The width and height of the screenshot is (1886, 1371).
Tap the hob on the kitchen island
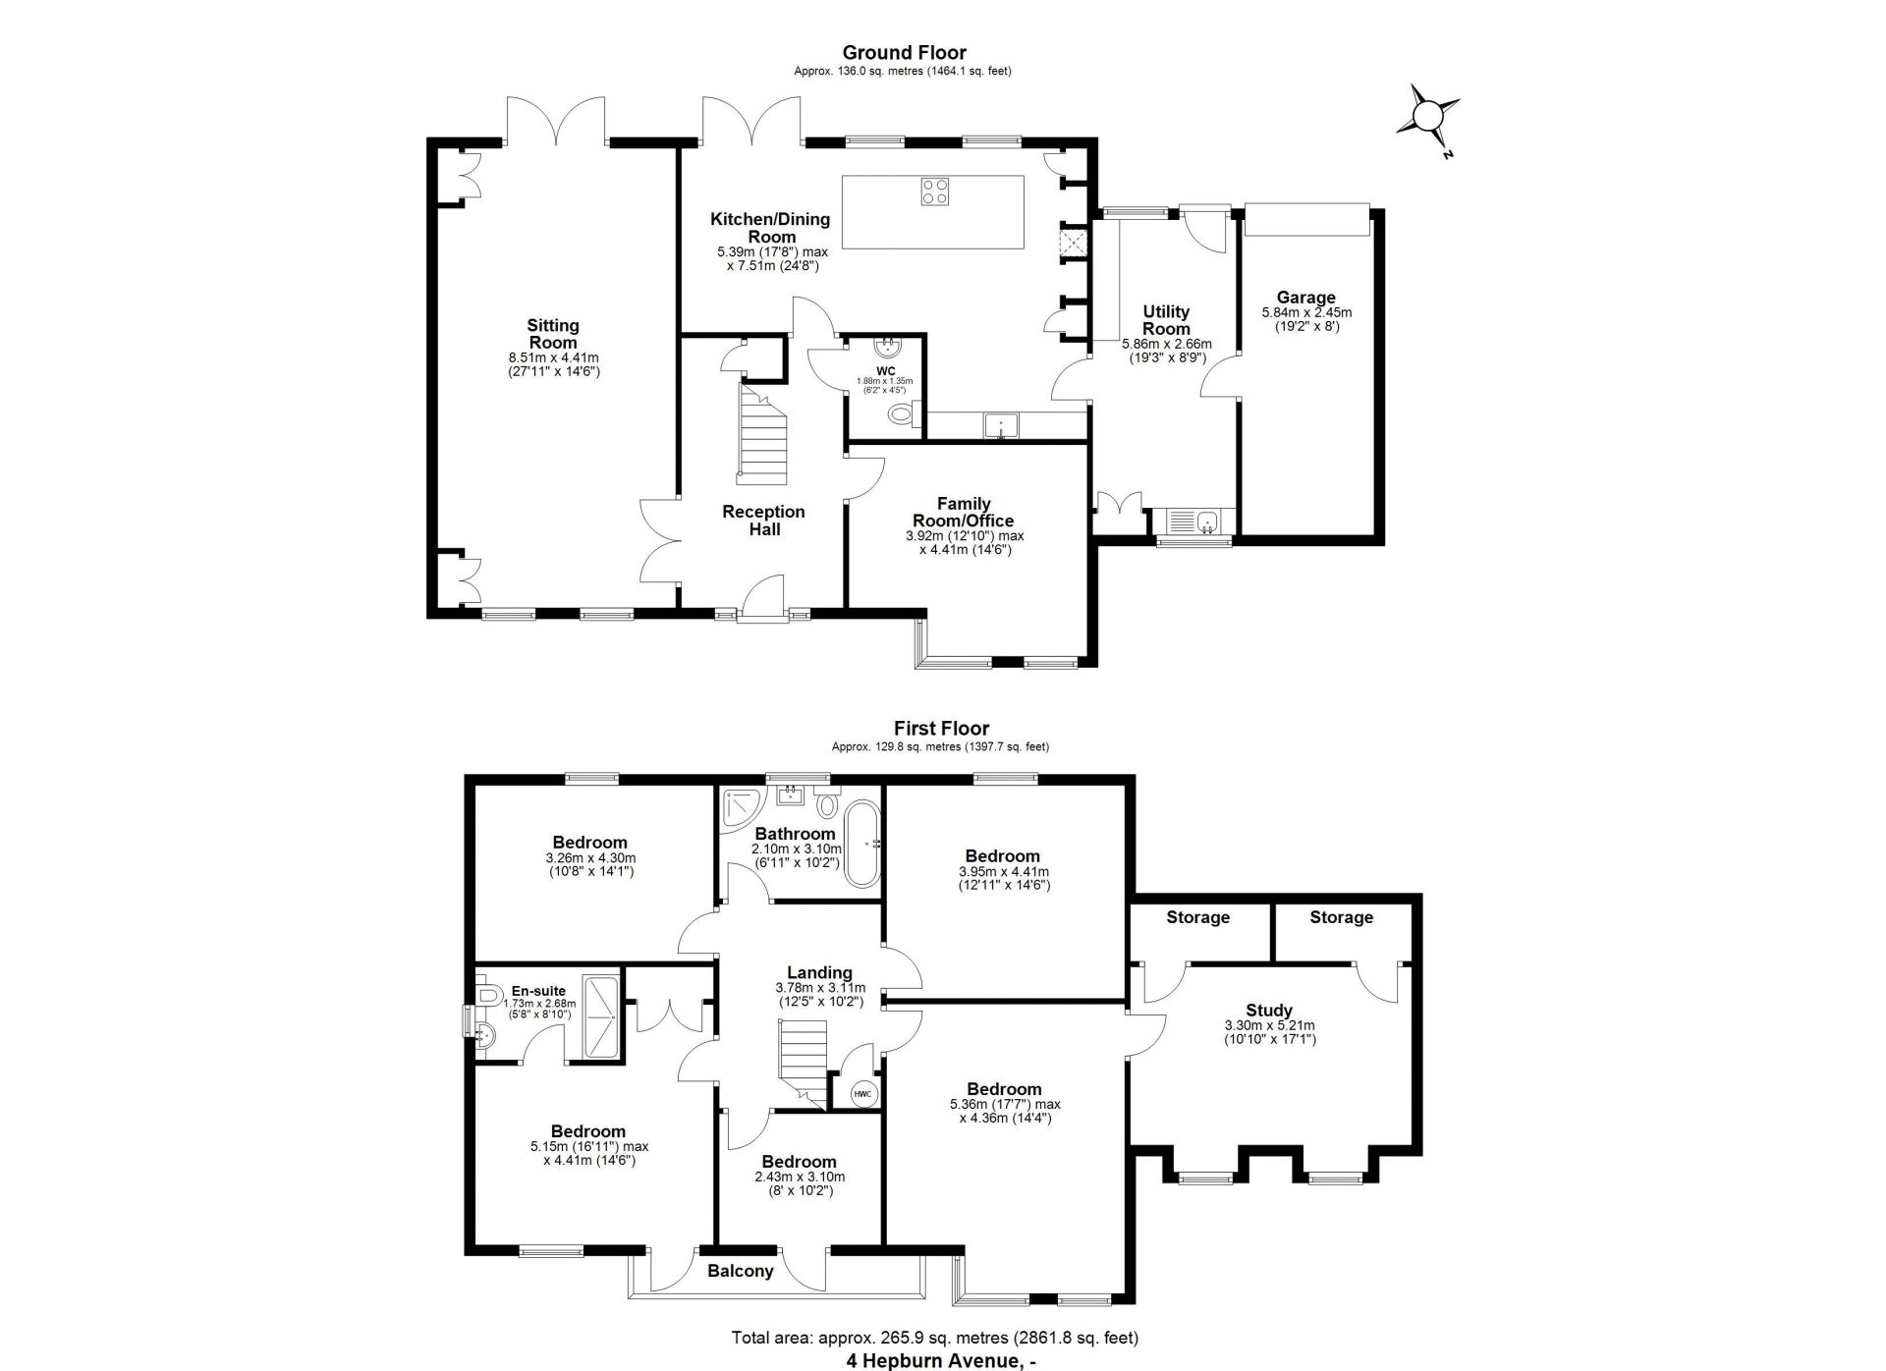935,191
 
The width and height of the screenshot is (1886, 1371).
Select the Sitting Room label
553,334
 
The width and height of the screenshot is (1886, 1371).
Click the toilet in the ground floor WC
901,415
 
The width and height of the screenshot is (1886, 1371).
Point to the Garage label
1305,298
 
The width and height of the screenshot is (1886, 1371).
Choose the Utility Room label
1166,320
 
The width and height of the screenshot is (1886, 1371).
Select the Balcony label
741,1271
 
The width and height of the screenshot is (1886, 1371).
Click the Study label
1268,1010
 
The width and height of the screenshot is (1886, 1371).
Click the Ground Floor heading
904,52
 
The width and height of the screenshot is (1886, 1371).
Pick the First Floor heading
941,728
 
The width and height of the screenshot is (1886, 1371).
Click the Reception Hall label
763,521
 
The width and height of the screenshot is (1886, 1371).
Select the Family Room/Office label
964,513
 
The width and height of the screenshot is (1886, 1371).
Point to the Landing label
819,972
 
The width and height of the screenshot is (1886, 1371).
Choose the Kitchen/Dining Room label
770,228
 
